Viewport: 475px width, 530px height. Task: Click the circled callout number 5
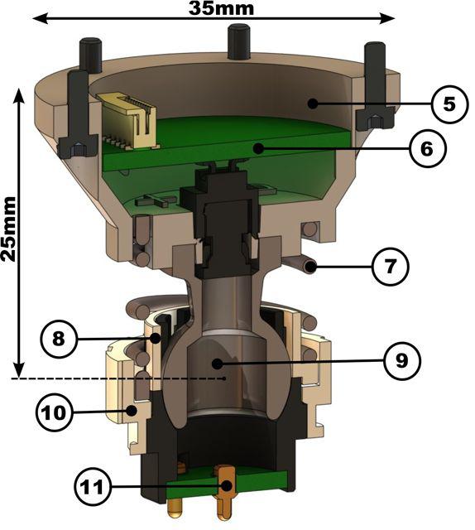click(449, 104)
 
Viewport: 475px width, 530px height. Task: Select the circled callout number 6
click(427, 148)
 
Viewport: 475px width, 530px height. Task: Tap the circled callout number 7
click(391, 267)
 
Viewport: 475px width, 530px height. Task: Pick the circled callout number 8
click(59, 339)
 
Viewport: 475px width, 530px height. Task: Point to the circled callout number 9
click(401, 361)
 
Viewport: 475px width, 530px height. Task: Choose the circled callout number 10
click(54, 412)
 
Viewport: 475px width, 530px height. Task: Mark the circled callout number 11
click(93, 487)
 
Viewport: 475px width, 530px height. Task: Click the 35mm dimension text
click(221, 8)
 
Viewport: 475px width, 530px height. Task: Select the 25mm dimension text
click(8, 229)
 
